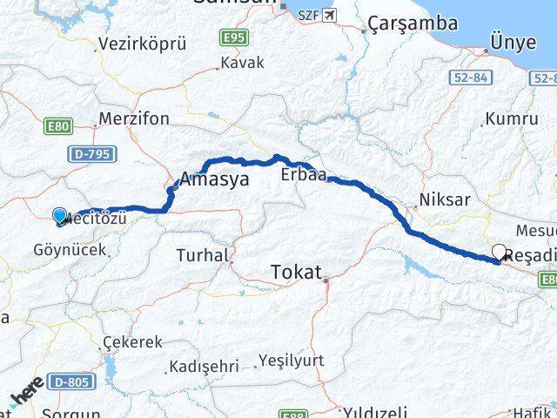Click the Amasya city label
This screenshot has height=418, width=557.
214,180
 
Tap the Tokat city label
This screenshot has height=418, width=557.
298,270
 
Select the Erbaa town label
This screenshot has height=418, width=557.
303,175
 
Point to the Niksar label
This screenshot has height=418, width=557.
444,199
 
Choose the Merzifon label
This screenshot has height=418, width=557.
134,118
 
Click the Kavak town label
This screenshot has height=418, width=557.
242,64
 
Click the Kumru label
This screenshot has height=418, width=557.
512,118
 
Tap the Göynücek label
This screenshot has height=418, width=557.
69,249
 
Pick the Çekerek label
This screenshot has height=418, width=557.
132,342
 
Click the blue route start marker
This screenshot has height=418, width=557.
59,215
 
